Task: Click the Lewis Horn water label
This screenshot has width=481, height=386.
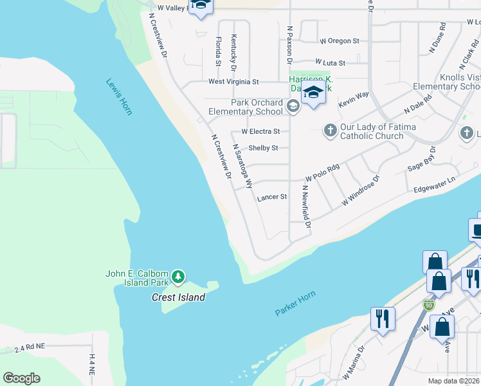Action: click(x=120, y=97)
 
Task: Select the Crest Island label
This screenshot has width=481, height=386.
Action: click(x=178, y=297)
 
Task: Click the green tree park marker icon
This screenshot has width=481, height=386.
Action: click(x=178, y=278)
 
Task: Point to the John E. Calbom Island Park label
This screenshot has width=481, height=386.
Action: click(x=138, y=278)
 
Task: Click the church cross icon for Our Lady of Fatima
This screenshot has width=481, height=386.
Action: click(x=330, y=131)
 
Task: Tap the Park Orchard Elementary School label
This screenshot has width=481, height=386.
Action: click(x=257, y=107)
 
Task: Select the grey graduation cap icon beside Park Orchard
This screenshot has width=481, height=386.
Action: click(x=293, y=107)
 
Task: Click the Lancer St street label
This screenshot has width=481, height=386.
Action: click(x=272, y=198)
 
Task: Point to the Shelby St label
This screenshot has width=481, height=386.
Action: click(x=263, y=148)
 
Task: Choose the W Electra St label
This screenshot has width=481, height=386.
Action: click(x=260, y=131)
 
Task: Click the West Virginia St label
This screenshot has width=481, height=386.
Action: click(x=233, y=82)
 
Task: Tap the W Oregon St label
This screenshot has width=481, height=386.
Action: click(x=339, y=41)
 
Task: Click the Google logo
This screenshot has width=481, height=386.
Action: click(x=21, y=378)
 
